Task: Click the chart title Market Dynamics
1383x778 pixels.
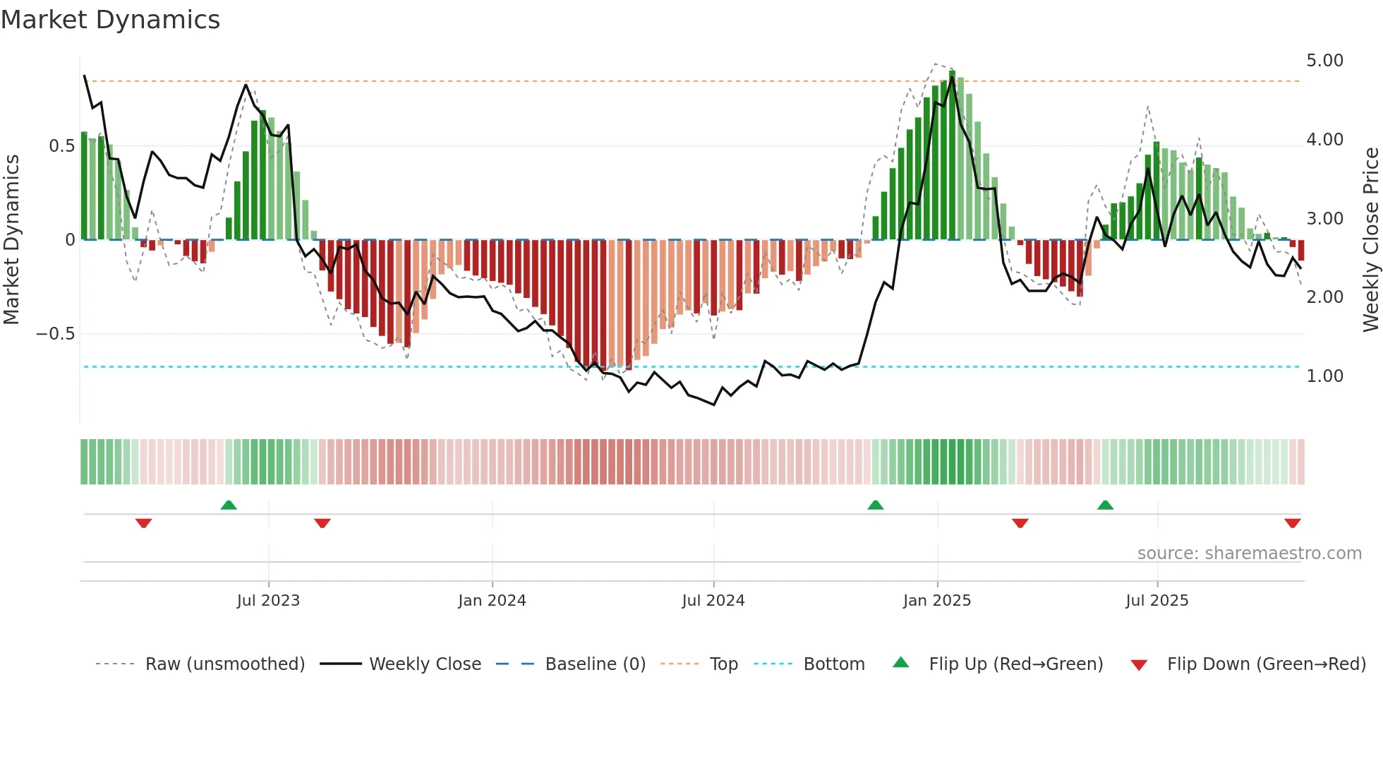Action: pos(110,20)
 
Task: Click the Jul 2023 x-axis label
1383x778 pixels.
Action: pos(268,601)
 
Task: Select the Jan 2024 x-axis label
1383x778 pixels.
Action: pos(492,601)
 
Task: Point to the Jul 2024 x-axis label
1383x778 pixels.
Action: pos(713,601)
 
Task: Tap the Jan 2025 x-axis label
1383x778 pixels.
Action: pos(936,601)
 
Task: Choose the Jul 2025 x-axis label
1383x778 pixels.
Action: pos(1156,601)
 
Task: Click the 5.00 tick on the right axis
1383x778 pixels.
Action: pos(1324,61)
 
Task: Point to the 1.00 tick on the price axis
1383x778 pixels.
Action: pos(1324,376)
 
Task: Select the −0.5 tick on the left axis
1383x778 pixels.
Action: pos(56,334)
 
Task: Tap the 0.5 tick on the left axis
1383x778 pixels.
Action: pos(61,146)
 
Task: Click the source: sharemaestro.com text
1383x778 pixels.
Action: pos(1249,553)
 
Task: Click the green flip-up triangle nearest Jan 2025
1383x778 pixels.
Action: pos(875,505)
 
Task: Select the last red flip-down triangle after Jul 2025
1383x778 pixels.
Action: pos(1292,523)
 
